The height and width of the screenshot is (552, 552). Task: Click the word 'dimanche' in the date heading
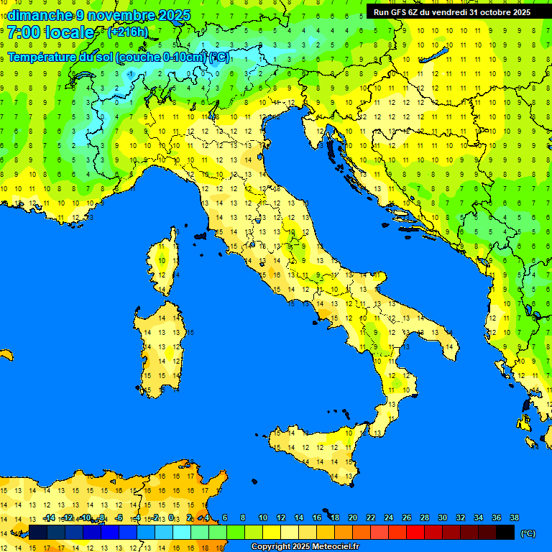(x=40, y=15)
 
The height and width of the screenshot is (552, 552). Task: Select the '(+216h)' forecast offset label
(x=128, y=32)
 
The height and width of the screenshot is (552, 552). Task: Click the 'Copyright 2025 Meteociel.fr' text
(x=305, y=547)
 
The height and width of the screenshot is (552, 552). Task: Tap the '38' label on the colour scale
(x=514, y=517)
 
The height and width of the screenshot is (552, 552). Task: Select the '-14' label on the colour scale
(x=49, y=517)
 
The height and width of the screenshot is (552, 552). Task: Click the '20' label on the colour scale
(x=352, y=517)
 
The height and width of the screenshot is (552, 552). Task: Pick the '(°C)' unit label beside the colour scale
(x=528, y=533)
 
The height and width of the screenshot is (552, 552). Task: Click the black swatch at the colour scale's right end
(x=505, y=532)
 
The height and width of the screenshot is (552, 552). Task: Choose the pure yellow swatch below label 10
(x=272, y=532)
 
